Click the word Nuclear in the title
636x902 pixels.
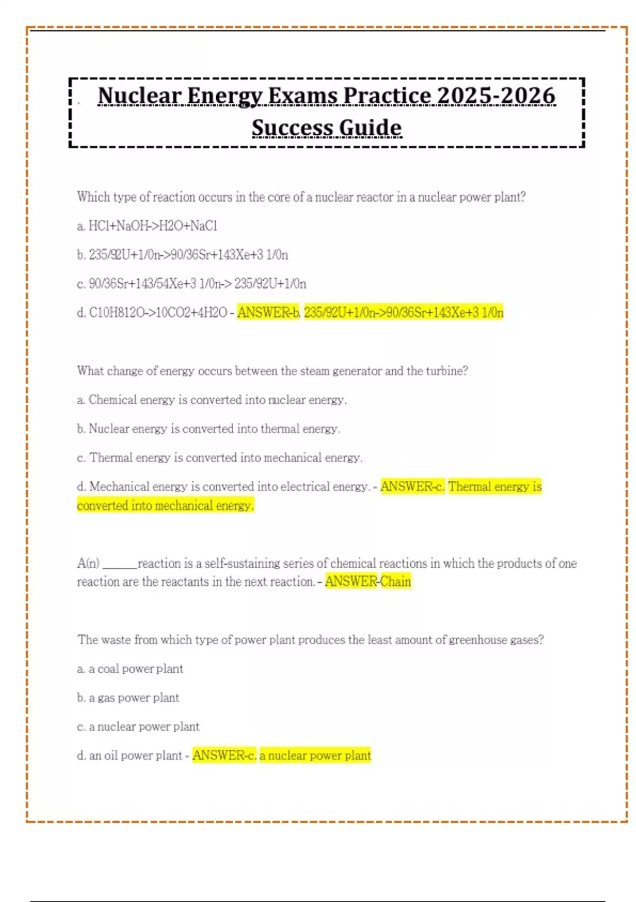[x=138, y=97]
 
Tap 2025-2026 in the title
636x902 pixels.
[x=496, y=97]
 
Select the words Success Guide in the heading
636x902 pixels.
[x=326, y=128]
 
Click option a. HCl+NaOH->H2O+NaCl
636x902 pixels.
[x=147, y=226]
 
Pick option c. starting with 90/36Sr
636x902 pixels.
[x=191, y=284]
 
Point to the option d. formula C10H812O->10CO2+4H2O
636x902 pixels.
[x=152, y=313]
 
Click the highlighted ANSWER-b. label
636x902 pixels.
[x=268, y=313]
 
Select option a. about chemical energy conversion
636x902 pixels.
[x=211, y=400]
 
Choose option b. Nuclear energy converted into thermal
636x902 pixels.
[x=208, y=429]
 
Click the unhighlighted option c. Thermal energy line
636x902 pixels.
[x=219, y=457]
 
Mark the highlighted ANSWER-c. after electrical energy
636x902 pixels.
[x=412, y=487]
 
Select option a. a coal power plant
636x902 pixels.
[x=130, y=669]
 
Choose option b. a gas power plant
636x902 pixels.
[x=128, y=698]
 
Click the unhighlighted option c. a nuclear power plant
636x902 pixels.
[x=138, y=727]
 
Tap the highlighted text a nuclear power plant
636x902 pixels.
[x=315, y=756]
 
